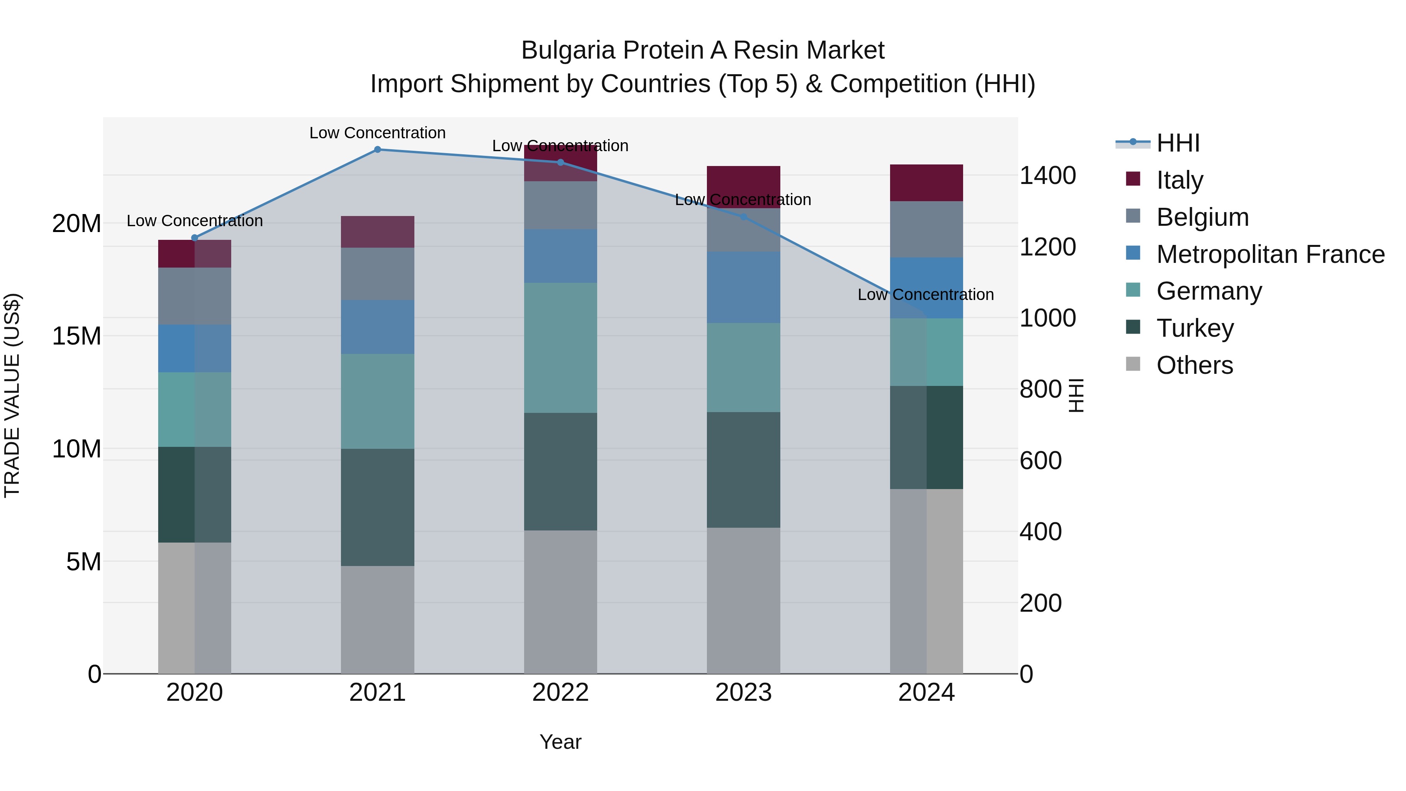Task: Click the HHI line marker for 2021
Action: [377, 150]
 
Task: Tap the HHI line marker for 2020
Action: [194, 237]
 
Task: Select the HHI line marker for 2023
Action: [743, 217]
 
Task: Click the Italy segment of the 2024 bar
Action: [926, 183]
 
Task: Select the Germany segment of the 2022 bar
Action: [560, 348]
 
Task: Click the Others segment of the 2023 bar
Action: [743, 600]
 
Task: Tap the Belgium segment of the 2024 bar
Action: [926, 229]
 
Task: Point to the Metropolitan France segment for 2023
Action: [743, 287]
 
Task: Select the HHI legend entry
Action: [1178, 143]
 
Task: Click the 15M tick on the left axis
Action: [77, 336]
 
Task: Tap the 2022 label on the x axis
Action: [560, 693]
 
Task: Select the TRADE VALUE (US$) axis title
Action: [12, 395]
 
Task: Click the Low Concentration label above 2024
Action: [925, 295]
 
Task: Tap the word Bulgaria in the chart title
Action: [567, 50]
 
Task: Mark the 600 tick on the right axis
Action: [1040, 461]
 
